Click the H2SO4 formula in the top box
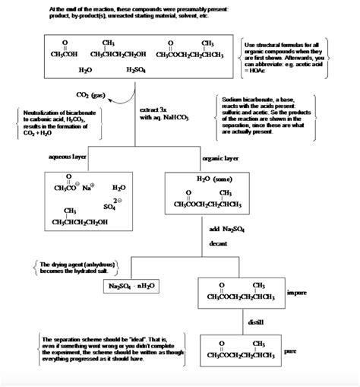(138, 70)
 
